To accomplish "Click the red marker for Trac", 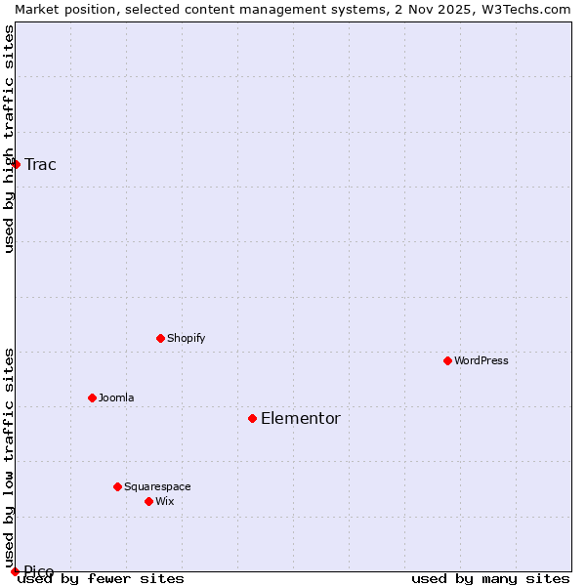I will (x=16, y=164).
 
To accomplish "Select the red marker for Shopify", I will (x=160, y=338).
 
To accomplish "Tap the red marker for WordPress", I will (x=447, y=360).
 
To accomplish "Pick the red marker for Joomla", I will (x=92, y=398).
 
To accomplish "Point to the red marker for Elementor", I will (x=252, y=418).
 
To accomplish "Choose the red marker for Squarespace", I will (x=117, y=486).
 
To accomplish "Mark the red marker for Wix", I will (x=148, y=501).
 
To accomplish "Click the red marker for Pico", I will (x=15, y=571).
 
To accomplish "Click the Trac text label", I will (x=40, y=164).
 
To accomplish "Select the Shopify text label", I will (x=186, y=338).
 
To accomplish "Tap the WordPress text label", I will (x=481, y=360).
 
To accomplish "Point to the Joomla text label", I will (x=116, y=398).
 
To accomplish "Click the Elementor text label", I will (x=300, y=418).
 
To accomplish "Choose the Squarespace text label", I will (x=157, y=486).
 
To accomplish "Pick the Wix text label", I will (x=164, y=501).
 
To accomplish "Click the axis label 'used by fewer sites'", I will (x=101, y=578).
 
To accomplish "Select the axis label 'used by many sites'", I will (x=490, y=578).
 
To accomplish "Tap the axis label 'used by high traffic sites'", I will (x=9, y=139).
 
